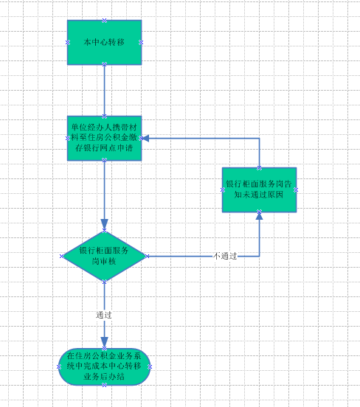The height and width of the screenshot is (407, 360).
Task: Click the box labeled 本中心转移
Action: pyautogui.click(x=105, y=42)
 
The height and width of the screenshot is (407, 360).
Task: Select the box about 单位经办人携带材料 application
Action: pyautogui.click(x=105, y=139)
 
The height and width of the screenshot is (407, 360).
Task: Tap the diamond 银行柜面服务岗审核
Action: pyautogui.click(x=105, y=256)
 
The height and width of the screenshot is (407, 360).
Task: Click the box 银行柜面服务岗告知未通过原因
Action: pyautogui.click(x=259, y=190)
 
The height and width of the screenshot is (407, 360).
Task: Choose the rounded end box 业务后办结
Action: pyautogui.click(x=105, y=366)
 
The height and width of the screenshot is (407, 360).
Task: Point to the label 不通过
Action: pyautogui.click(x=225, y=256)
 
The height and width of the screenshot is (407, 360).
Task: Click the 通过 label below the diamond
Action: pyautogui.click(x=104, y=315)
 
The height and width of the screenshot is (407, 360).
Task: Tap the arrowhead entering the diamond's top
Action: pyautogui.click(x=105, y=225)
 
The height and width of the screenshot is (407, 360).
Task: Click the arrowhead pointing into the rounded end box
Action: pyautogui.click(x=105, y=343)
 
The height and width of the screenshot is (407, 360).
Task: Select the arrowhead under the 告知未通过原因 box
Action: pyautogui.click(x=259, y=216)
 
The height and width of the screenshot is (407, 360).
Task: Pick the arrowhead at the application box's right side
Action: pyautogui.click(x=145, y=139)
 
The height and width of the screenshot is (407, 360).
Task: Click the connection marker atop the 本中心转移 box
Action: pyautogui.click(x=105, y=20)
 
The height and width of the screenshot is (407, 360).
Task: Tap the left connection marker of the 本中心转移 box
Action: pyautogui.click(x=68, y=42)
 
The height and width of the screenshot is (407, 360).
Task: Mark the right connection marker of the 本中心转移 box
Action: pyautogui.click(x=141, y=42)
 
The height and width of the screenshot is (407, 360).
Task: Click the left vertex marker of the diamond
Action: pyautogui.click(x=62, y=256)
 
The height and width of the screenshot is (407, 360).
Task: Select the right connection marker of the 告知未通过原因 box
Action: pyautogui.click(x=296, y=190)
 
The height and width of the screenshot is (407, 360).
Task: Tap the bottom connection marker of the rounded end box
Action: pyautogui.click(x=105, y=385)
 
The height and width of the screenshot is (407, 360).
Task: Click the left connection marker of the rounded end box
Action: pyautogui.click(x=59, y=366)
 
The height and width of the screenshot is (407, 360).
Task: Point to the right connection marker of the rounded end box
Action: pyautogui.click(x=150, y=366)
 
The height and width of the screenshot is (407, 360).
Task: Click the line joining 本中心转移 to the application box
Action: pyautogui.click(x=105, y=91)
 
